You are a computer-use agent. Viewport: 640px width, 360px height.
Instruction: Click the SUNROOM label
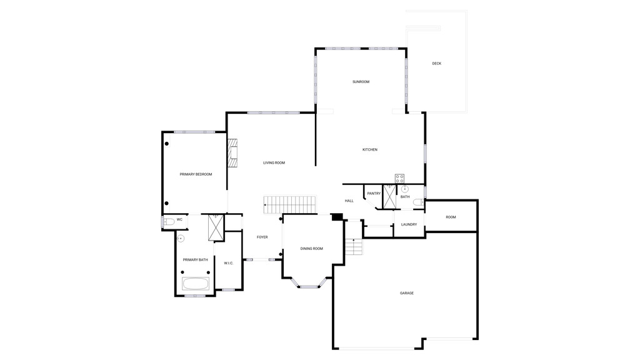[361, 82]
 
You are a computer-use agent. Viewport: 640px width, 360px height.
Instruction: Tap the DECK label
[437, 64]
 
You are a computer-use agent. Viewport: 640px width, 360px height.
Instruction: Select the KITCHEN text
[370, 150]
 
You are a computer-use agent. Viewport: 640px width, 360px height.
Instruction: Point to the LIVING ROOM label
[274, 163]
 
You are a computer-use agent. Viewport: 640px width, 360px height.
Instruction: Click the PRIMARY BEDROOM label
[196, 174]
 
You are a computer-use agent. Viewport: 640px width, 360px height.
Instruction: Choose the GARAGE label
[406, 293]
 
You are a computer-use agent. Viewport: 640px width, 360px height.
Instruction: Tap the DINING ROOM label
[311, 249]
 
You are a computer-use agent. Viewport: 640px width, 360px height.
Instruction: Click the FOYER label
[262, 237]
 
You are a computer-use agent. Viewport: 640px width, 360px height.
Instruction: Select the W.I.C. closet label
[229, 263]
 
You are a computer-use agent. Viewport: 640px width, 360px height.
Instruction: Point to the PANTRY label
[374, 194]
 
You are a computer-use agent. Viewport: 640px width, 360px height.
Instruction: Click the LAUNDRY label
[409, 224]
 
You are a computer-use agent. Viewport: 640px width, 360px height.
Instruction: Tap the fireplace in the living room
[232, 153]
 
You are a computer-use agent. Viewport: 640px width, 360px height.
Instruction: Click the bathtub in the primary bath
[196, 283]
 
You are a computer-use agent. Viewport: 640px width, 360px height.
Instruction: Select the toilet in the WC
[169, 222]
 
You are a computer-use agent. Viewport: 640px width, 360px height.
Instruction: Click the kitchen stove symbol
[399, 178]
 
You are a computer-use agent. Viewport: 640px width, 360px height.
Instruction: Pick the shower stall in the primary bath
[216, 227]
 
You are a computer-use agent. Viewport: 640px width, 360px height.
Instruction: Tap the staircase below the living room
[290, 204]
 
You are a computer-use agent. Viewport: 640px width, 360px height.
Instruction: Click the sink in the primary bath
[181, 238]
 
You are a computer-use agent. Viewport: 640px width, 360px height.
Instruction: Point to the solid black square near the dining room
[337, 217]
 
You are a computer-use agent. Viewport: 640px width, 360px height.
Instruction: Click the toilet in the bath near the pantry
[418, 202]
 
